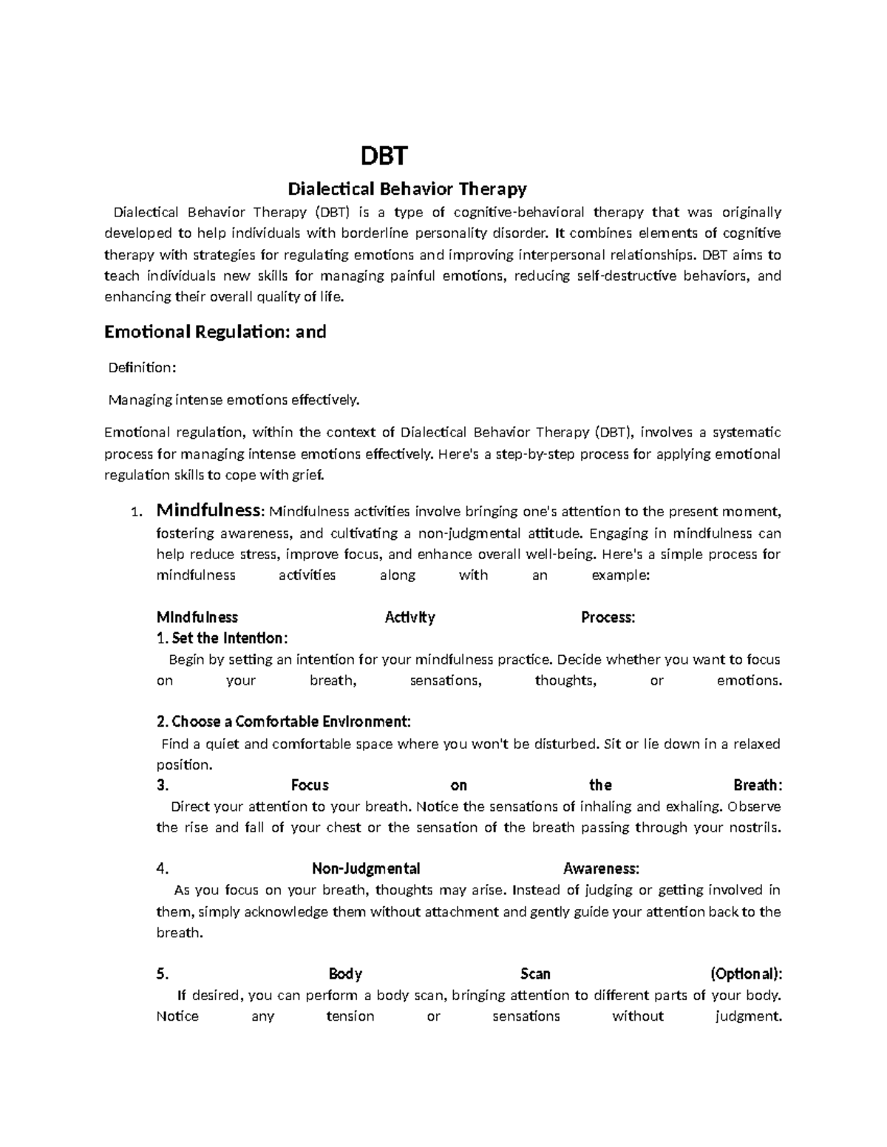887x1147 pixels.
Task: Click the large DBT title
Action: [384, 157]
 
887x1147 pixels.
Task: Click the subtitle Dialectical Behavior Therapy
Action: [407, 189]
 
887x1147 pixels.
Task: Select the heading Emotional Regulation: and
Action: [215, 332]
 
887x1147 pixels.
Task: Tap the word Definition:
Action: [143, 368]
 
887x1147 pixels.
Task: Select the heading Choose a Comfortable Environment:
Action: [284, 721]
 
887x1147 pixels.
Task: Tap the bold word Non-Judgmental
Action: [366, 869]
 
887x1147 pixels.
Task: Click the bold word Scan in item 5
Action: [535, 973]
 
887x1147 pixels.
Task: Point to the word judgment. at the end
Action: [749, 1016]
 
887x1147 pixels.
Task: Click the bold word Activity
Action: [409, 617]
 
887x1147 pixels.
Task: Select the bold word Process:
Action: [608, 617]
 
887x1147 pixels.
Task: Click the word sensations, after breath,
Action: [446, 680]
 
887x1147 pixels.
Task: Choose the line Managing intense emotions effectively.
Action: [234, 400]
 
